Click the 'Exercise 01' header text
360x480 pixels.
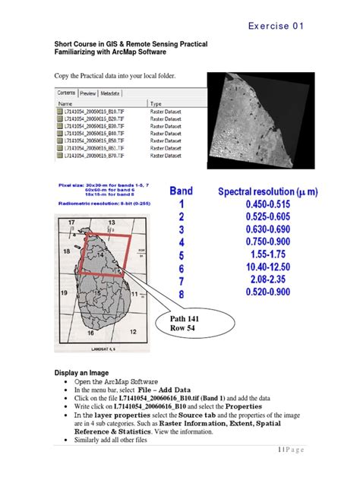point(276,26)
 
